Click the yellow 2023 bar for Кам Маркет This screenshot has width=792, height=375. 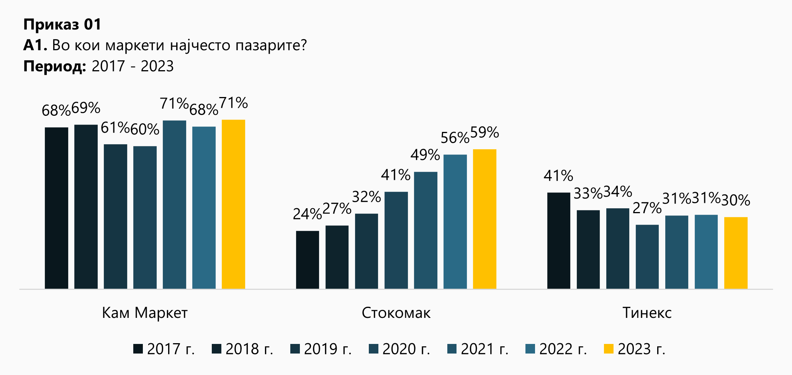point(233,204)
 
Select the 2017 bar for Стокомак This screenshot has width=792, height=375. point(308,260)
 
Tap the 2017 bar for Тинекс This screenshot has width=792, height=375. point(559,240)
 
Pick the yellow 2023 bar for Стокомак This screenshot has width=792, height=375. point(484,219)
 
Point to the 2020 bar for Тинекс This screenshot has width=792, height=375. point(647,257)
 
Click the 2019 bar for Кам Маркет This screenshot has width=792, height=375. point(115,216)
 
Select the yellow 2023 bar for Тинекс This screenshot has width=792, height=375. point(736,253)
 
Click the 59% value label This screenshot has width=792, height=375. point(484,133)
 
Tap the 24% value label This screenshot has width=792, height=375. point(307,214)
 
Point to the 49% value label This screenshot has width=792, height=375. point(425,155)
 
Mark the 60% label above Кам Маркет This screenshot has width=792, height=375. point(145,130)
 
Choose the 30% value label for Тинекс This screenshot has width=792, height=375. point(736,200)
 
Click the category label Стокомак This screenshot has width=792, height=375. point(396,313)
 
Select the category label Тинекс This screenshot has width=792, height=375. point(647,313)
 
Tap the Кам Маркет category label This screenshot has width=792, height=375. point(145,313)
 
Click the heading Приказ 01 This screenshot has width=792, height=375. point(62,25)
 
